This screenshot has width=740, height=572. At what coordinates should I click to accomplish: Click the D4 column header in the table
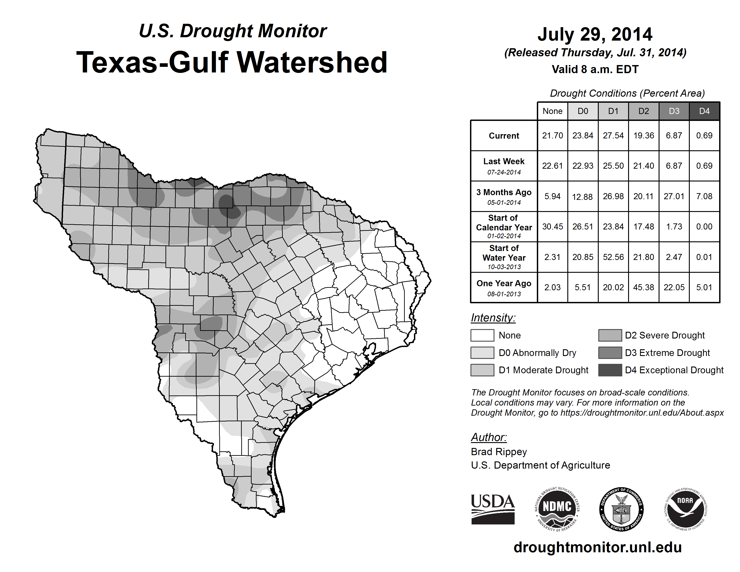704,111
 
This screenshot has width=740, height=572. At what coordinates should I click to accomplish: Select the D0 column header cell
583,111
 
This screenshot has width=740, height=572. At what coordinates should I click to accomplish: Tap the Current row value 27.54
613,135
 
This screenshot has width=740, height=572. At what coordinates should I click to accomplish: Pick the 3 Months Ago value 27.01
674,196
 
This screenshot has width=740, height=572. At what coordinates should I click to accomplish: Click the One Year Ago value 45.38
643,287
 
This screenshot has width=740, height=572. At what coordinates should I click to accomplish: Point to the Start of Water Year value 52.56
613,257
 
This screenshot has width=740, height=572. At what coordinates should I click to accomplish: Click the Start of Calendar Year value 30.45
552,227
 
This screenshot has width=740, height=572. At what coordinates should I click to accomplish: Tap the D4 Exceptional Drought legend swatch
610,370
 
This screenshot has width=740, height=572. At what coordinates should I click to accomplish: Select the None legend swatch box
482,335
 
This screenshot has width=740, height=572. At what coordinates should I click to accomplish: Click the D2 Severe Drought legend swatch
610,335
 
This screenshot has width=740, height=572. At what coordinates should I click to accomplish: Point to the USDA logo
493,509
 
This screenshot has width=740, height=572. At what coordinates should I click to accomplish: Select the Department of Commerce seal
621,509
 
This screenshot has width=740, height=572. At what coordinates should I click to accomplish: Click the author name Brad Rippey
499,452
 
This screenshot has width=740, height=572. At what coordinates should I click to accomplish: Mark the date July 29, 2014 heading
595,34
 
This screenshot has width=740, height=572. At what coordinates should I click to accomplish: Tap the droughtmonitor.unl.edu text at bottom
597,547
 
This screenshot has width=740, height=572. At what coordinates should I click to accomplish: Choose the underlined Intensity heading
493,318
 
